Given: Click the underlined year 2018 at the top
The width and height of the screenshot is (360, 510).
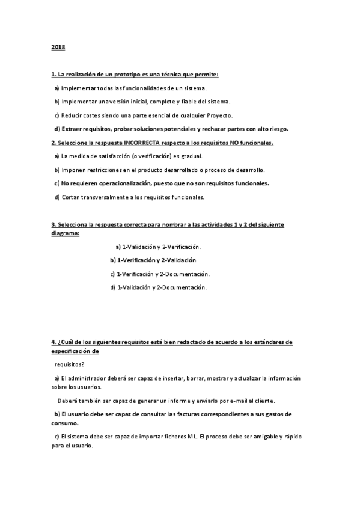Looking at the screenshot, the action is pos(58,46).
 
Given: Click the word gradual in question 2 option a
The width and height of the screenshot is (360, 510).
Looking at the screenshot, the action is pos(194,156).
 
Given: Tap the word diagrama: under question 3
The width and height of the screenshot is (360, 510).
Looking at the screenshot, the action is pos(65,233).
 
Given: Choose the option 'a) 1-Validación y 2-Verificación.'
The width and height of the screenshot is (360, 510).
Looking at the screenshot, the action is pos(157,247).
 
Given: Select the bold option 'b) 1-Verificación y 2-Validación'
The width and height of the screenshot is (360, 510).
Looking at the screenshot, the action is pos(153,260).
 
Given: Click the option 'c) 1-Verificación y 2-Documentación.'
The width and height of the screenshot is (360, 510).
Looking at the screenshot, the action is pos(160,274).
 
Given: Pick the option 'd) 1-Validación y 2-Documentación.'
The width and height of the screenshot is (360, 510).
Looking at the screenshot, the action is pos(159,287).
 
